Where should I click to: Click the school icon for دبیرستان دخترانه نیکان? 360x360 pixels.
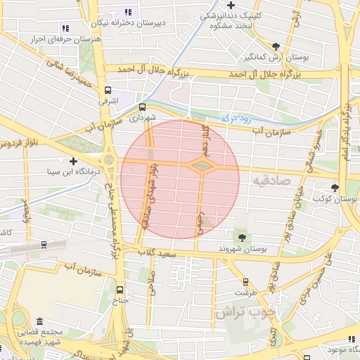(x=128, y=12)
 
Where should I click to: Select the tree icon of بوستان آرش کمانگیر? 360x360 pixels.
(x=276, y=46)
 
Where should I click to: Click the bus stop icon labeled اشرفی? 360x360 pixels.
(x=108, y=90)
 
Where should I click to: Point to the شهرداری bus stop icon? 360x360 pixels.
(x=143, y=108)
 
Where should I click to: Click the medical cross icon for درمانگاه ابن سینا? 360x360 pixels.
(x=73, y=161)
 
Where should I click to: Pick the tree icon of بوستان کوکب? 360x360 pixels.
(x=335, y=188)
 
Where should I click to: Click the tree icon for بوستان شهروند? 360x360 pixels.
(x=243, y=238)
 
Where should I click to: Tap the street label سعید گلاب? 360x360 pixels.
(x=156, y=252)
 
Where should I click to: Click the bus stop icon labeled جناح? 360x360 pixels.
(x=119, y=289)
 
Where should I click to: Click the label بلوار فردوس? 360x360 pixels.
(x=18, y=144)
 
